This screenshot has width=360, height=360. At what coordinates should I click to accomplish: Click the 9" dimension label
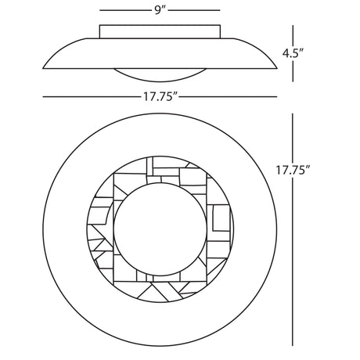159,10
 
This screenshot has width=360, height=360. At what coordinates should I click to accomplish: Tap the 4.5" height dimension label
293,53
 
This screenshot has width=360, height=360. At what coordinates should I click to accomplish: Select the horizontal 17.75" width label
160,97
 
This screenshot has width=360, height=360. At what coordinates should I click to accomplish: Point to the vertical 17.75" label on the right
293,170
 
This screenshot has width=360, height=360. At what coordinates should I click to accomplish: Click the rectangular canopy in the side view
160,31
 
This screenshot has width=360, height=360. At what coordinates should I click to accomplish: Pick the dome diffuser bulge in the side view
160,75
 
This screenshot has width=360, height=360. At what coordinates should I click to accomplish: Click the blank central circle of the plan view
160,229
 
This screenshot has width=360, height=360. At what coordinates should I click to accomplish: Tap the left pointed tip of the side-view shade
43,69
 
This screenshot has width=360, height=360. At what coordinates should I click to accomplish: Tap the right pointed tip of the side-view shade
277,69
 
